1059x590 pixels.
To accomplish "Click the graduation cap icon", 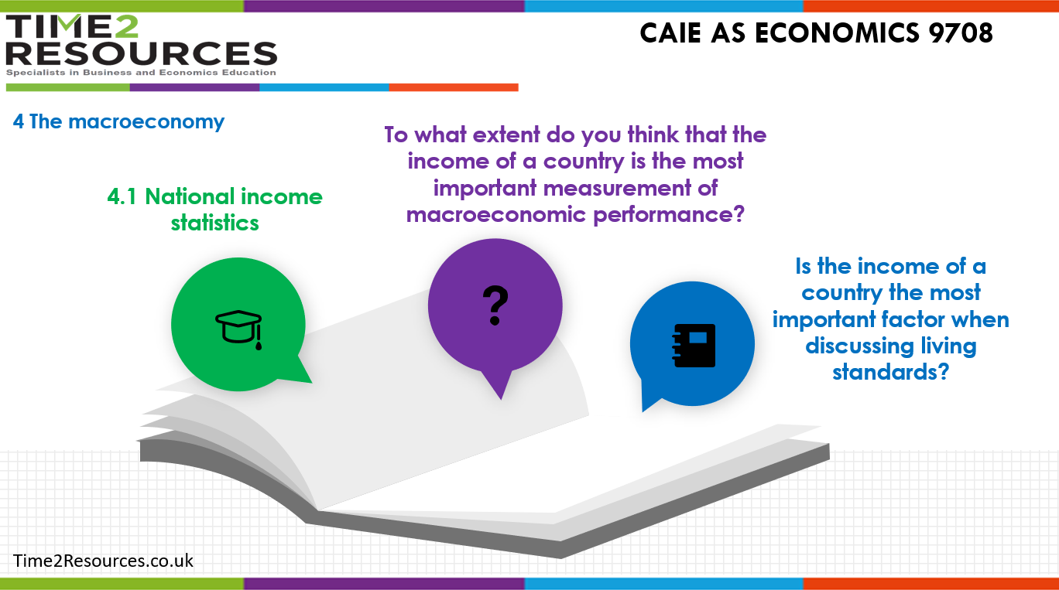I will point(238,330).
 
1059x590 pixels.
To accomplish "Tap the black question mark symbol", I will point(495,305).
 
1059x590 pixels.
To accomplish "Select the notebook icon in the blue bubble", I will point(694,346).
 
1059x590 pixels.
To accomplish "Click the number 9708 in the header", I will point(959,33).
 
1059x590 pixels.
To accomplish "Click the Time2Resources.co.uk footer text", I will point(103,560).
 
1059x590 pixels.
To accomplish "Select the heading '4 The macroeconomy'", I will point(118,121).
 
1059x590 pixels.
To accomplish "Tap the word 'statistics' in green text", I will point(214,223).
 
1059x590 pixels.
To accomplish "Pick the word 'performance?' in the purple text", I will point(670,214).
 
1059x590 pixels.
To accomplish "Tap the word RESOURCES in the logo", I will point(141,54).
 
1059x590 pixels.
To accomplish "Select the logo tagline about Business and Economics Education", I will point(141,73).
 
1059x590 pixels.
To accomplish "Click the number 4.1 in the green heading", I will point(124,196).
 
